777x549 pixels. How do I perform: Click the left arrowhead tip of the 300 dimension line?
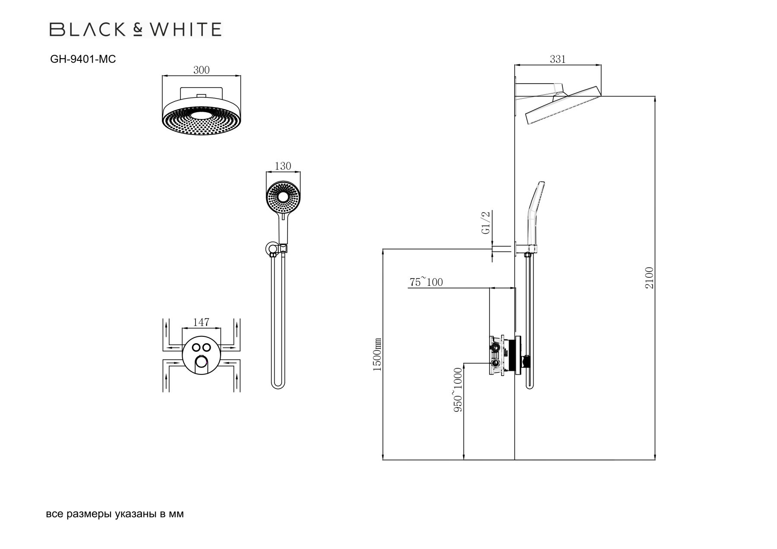click(x=162, y=76)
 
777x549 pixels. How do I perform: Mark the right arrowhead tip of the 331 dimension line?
click(x=601, y=65)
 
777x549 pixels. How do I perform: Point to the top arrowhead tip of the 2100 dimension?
click(x=655, y=96)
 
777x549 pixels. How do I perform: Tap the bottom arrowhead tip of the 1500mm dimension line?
click(x=383, y=460)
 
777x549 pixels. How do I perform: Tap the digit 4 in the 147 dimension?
click(x=201, y=322)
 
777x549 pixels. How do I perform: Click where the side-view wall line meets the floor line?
click(x=515, y=460)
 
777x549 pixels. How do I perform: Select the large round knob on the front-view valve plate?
click(x=201, y=363)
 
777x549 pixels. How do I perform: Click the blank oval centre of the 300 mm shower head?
click(x=201, y=116)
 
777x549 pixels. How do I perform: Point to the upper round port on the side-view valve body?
click(x=495, y=347)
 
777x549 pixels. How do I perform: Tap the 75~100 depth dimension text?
click(x=426, y=282)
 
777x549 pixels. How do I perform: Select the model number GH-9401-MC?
click(x=83, y=60)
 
